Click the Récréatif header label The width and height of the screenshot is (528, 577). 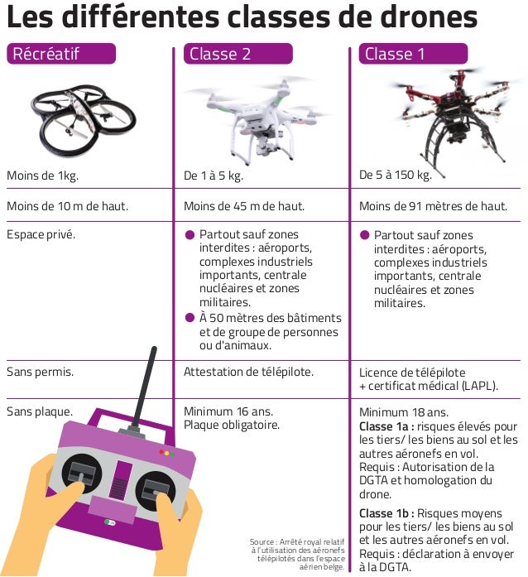(60, 55)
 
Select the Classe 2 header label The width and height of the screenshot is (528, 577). (237, 55)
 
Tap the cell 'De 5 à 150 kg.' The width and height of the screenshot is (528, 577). (396, 175)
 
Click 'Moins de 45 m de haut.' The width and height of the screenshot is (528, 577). (244, 206)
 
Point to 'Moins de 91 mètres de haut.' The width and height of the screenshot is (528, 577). (433, 206)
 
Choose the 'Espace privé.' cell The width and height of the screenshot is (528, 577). (41, 235)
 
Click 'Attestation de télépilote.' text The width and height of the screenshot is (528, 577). (248, 372)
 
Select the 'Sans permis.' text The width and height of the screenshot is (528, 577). (40, 372)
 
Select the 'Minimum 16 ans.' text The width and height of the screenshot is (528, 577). (228, 411)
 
